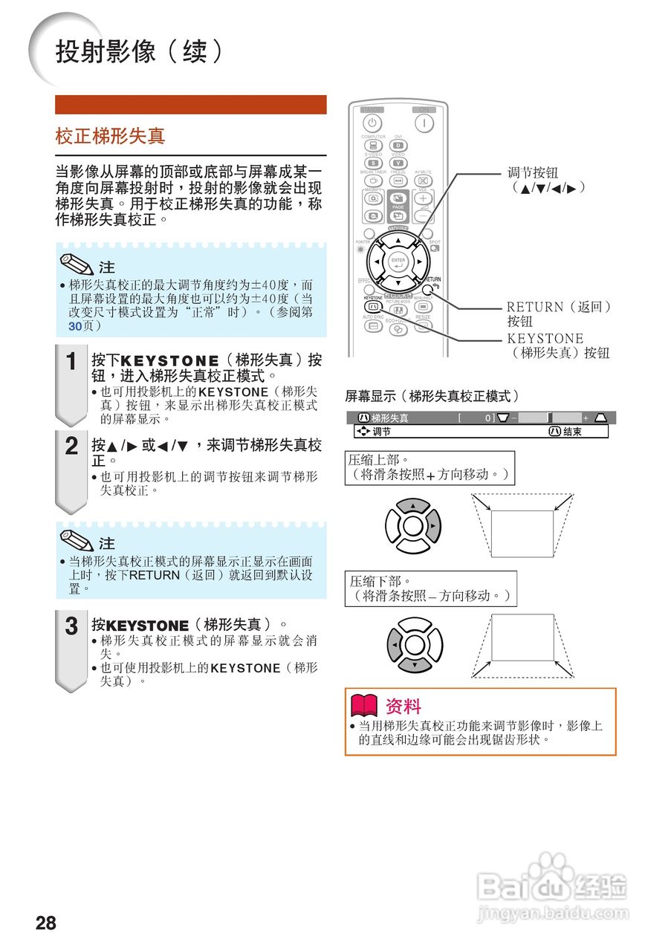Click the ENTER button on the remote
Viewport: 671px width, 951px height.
point(398,262)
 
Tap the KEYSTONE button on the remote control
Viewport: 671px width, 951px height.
point(373,306)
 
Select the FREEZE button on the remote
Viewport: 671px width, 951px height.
point(398,181)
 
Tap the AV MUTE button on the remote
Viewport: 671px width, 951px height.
point(423,181)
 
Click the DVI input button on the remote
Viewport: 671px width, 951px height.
point(398,146)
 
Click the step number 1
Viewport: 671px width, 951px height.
point(71,362)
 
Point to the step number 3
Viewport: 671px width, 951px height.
point(71,626)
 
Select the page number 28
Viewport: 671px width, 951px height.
point(46,924)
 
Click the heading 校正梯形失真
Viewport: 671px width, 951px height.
point(110,136)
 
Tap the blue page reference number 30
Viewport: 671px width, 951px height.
point(74,325)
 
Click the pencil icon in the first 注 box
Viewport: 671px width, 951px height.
point(77,264)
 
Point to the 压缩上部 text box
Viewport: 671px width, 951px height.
point(429,467)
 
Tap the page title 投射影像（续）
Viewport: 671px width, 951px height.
point(139,52)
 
